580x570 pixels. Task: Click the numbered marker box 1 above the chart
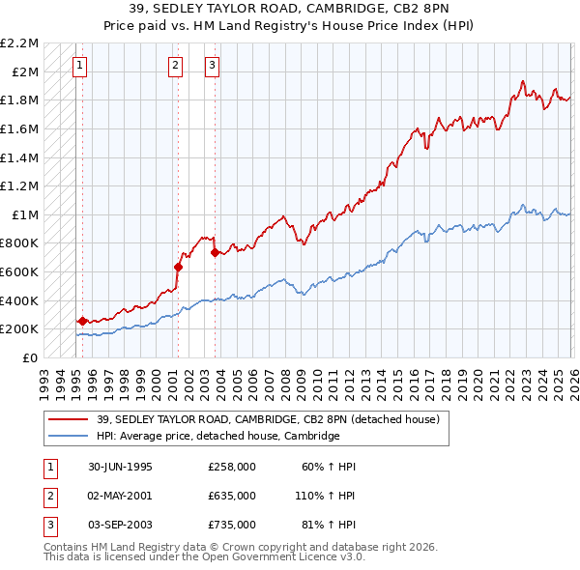pyautogui.click(x=79, y=66)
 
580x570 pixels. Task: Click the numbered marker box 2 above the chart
pyautogui.click(x=175, y=66)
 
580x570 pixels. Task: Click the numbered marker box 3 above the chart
pyautogui.click(x=212, y=66)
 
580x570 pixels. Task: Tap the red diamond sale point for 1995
pyautogui.click(x=82, y=321)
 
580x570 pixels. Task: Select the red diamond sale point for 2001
pyautogui.click(x=178, y=267)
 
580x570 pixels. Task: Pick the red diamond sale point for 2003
pyautogui.click(x=215, y=253)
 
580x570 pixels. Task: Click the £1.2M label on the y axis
pyautogui.click(x=20, y=185)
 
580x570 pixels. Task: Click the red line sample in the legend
pyautogui.click(x=67, y=419)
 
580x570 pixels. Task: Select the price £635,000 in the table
pyautogui.click(x=231, y=496)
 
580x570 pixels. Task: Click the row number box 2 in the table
pyautogui.click(x=48, y=496)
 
